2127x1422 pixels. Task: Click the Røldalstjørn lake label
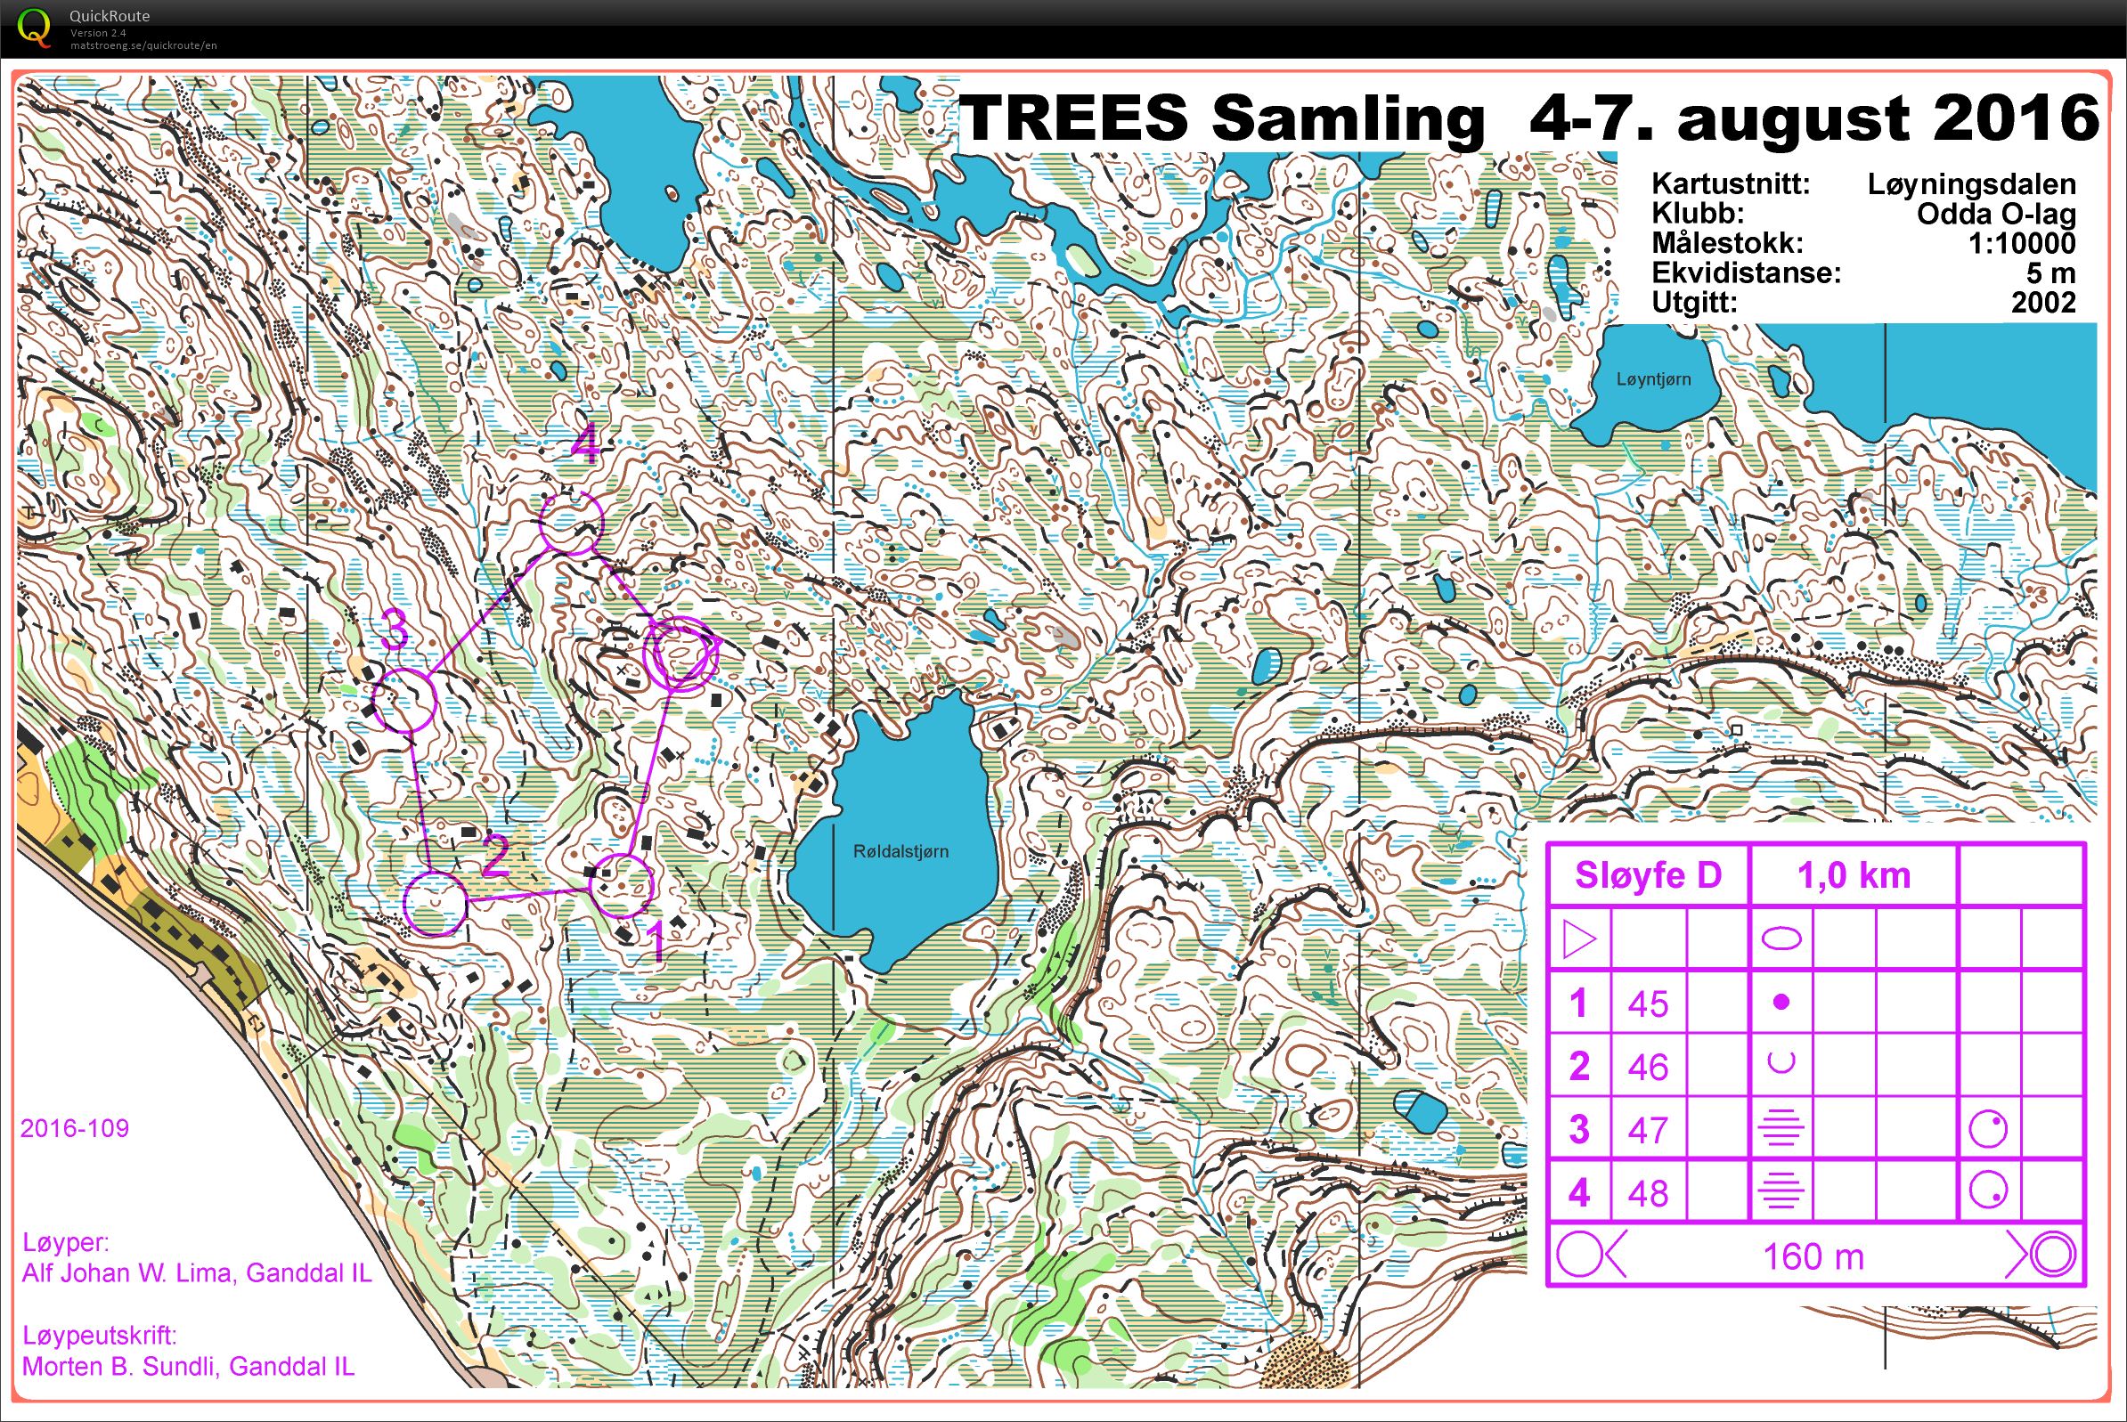point(900,851)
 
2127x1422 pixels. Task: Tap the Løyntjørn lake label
point(1652,379)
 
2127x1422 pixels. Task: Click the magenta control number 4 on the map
point(585,446)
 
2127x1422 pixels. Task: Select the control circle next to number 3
point(405,700)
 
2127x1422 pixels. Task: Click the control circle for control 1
point(621,885)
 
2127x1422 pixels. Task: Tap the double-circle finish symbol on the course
point(680,653)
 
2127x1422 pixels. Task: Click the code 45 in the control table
point(1647,1004)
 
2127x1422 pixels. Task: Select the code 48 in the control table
point(1647,1193)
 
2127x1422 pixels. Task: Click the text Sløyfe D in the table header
point(1647,875)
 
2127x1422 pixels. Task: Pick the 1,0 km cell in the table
point(1853,875)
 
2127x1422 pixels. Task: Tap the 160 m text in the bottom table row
point(1813,1257)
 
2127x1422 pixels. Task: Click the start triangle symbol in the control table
point(1578,939)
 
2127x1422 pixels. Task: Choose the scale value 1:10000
point(2021,243)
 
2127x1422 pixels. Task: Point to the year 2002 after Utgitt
point(2042,302)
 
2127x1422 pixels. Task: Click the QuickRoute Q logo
point(34,28)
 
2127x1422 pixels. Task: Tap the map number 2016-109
point(75,1128)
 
